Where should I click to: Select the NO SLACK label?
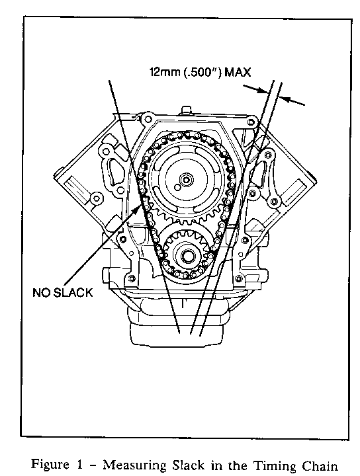click(63, 292)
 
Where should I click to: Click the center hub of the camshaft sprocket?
click(185, 180)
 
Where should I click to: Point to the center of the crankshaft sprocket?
click(185, 255)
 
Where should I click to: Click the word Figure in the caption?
click(50, 465)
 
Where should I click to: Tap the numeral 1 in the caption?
click(79, 465)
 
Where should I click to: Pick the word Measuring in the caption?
click(135, 465)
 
